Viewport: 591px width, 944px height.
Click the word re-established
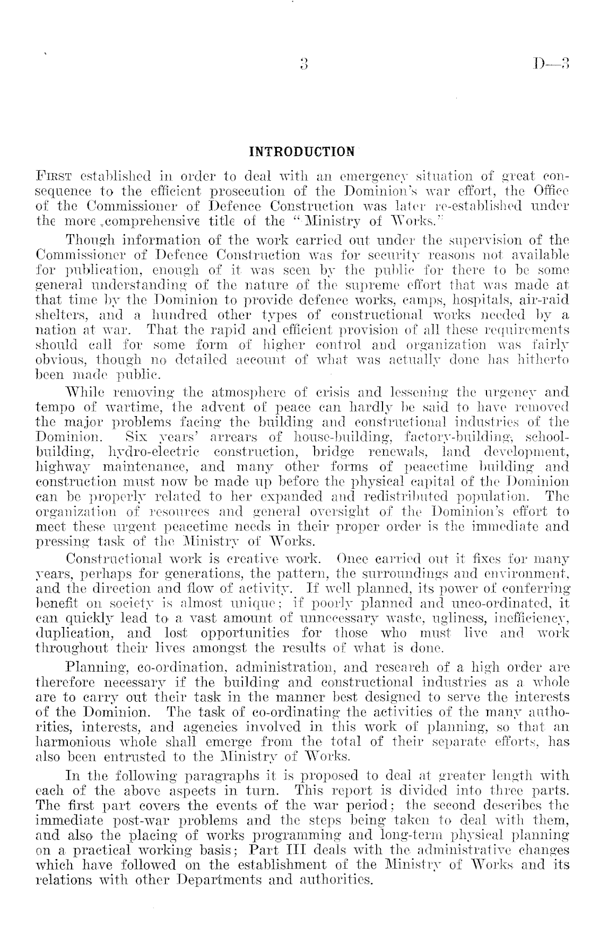coord(468,205)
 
